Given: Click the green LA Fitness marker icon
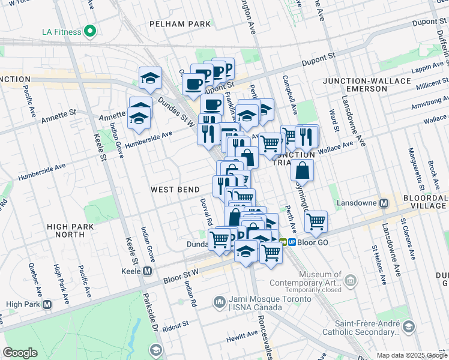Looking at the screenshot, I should click(x=91, y=31).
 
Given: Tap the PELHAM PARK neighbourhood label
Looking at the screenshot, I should click(x=181, y=24).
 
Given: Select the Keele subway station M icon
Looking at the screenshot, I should click(x=147, y=271).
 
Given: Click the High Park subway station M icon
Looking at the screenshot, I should click(x=47, y=304).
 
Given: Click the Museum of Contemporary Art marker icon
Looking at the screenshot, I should click(x=350, y=280).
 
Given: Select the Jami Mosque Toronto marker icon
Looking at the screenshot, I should click(x=220, y=300).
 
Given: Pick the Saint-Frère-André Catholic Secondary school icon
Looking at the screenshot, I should click(x=409, y=327).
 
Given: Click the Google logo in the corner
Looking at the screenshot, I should click(x=20, y=352).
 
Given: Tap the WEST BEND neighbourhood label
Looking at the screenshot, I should click(x=175, y=190).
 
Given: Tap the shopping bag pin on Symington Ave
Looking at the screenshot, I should click(x=302, y=170).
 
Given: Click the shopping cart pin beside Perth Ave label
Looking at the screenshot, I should click(x=316, y=222).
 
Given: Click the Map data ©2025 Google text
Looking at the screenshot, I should click(x=411, y=355).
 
